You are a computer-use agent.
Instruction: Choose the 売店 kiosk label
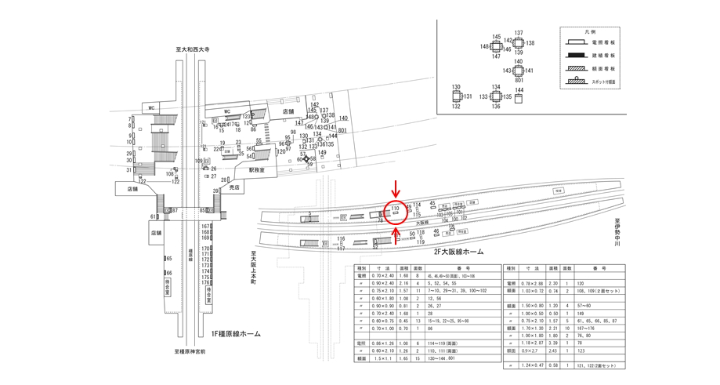pyautogui.click(x=233, y=188)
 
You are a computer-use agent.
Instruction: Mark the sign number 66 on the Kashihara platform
pyautogui.click(x=168, y=273)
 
